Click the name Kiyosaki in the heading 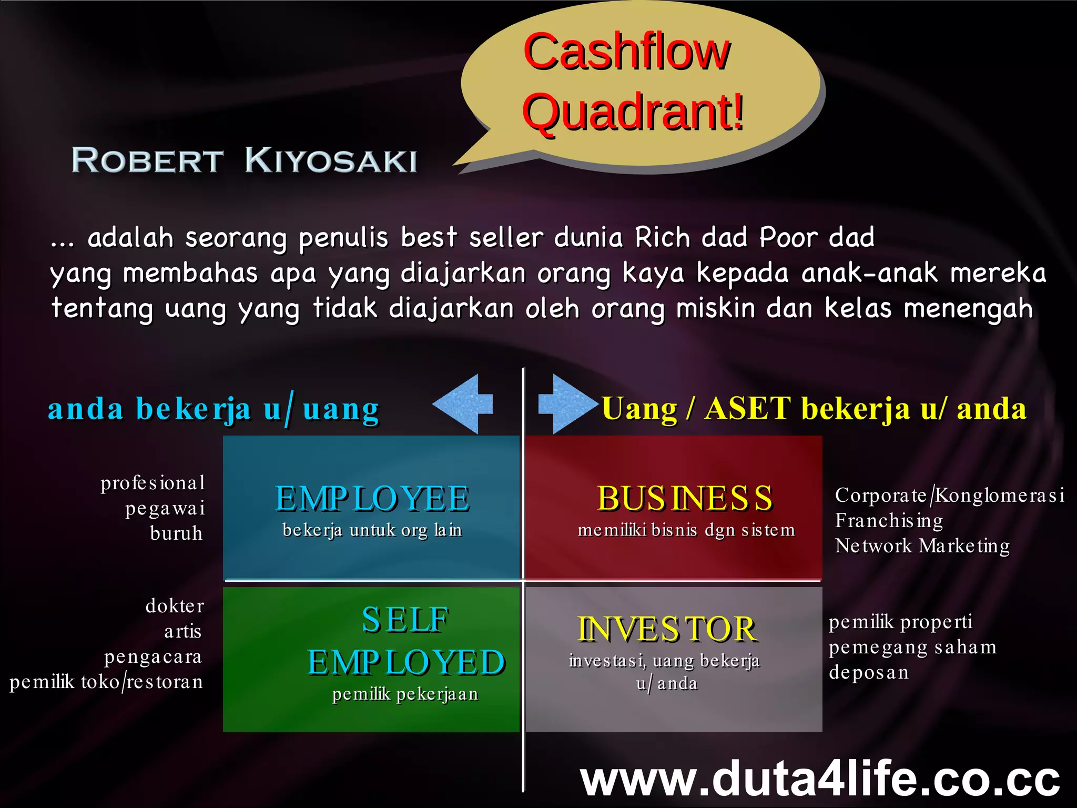click(x=331, y=160)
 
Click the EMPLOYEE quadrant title click(x=372, y=499)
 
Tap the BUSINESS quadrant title click(x=685, y=498)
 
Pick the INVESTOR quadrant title click(x=667, y=629)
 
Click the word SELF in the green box click(x=405, y=620)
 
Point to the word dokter click(x=175, y=606)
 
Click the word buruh click(x=176, y=533)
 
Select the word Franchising click(x=889, y=520)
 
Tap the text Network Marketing click(x=922, y=546)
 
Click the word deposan click(x=869, y=672)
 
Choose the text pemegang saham click(x=912, y=647)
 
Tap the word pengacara click(x=153, y=656)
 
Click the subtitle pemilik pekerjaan click(x=405, y=694)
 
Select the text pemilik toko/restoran click(x=106, y=682)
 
